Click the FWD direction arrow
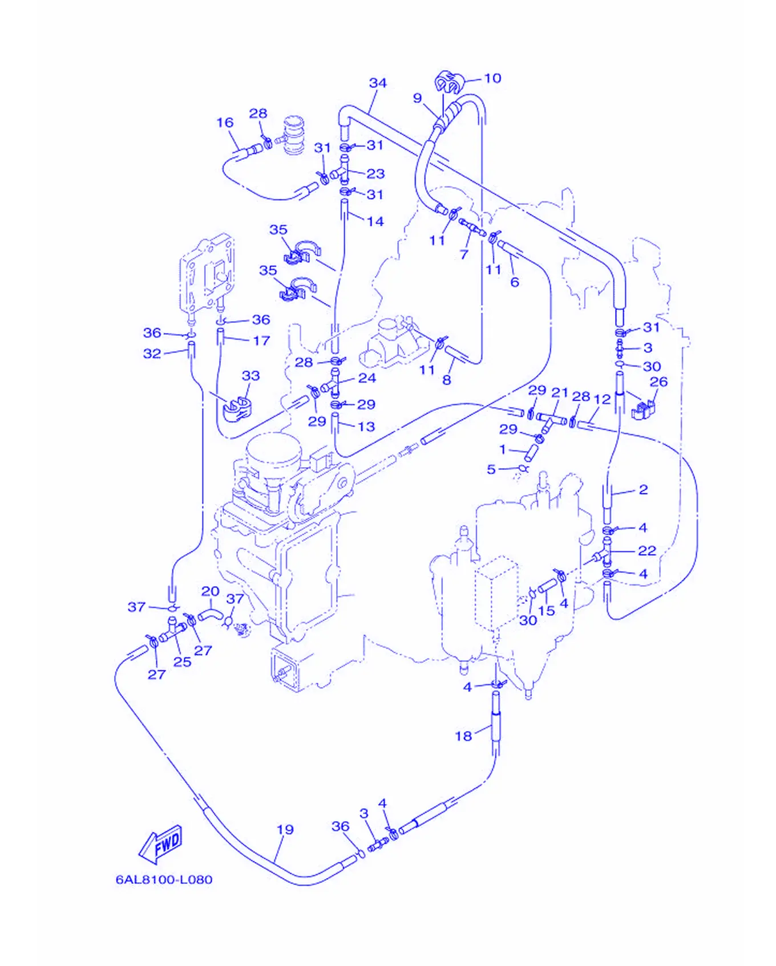click(161, 843)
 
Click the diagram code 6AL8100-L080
click(164, 879)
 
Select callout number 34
click(378, 83)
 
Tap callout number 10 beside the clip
click(493, 78)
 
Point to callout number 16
click(225, 123)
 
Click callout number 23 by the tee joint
click(375, 173)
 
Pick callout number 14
click(375, 221)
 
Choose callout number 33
click(250, 376)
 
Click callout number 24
click(367, 378)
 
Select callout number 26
click(658, 381)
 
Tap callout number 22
click(647, 550)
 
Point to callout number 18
click(463, 736)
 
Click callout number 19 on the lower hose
click(285, 830)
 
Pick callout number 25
click(182, 661)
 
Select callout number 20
click(210, 591)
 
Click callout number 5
click(491, 469)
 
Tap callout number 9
click(418, 98)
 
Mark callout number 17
click(261, 340)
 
